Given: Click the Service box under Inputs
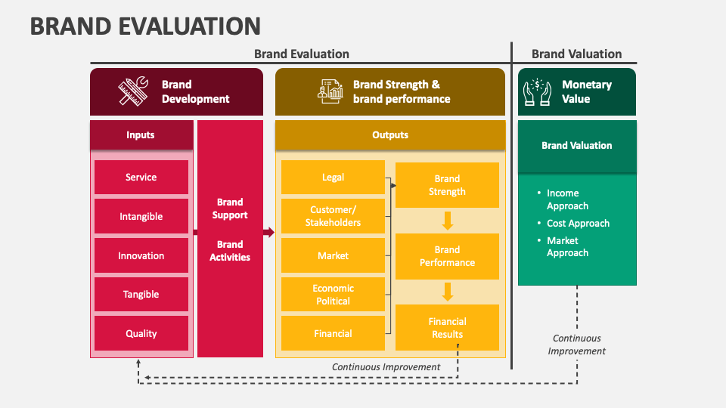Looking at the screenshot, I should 141,178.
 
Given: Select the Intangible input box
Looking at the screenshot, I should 141,217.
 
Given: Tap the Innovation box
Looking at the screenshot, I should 141,256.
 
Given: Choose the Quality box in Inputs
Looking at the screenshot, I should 141,334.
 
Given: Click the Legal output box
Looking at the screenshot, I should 333,178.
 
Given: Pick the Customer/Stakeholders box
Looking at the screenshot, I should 333,217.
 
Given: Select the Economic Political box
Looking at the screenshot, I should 333,295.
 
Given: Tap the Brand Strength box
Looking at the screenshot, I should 447,185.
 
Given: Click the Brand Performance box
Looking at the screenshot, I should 447,256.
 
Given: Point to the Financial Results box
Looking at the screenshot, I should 447,328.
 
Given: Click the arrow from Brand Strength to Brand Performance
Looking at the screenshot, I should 447,221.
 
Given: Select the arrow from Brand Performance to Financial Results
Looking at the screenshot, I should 447,292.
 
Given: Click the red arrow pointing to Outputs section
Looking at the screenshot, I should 268,233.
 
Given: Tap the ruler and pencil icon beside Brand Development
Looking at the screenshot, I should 132,91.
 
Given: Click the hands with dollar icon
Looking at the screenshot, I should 538,91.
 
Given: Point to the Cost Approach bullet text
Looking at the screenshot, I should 578,224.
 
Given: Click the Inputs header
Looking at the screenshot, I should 141,135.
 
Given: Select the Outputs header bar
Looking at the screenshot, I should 390,135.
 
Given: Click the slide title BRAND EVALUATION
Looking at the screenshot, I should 145,26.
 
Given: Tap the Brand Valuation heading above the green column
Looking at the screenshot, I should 576,54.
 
